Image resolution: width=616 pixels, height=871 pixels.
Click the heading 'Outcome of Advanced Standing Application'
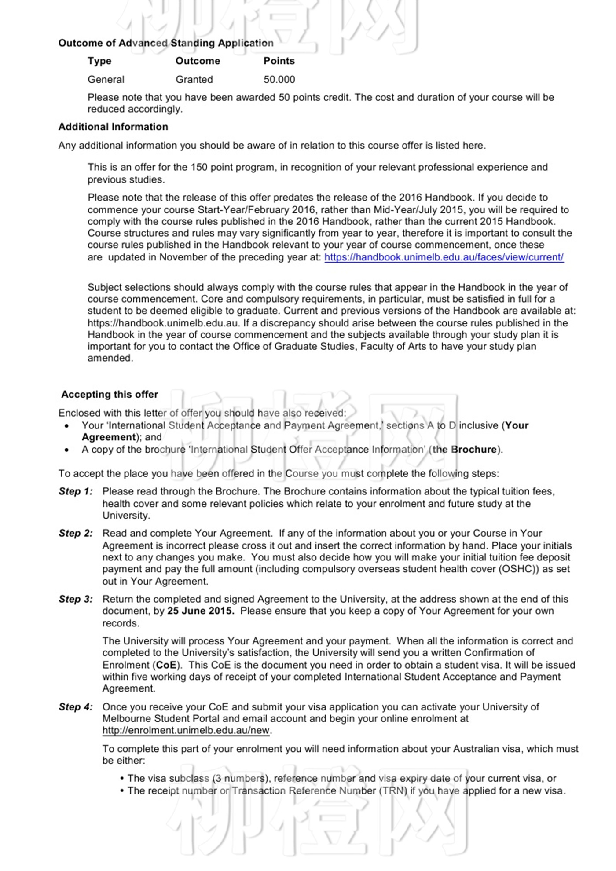166,43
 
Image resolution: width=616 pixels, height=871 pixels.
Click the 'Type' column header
99,61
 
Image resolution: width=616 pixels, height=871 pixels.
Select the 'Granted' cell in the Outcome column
194,80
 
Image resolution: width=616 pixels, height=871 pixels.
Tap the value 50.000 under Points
279,80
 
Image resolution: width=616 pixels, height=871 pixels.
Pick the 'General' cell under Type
106,80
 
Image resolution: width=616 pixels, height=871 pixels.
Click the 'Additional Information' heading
113,127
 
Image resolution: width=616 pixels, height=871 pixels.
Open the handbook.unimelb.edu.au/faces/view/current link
444,257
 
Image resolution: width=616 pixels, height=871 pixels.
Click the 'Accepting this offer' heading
110,395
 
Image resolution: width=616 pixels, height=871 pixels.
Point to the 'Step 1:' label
76,492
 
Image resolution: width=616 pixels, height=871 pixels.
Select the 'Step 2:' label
76,534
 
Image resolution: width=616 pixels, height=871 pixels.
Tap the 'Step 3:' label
76,600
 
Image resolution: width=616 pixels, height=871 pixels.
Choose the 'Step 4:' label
76,707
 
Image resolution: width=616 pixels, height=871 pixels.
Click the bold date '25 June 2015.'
201,611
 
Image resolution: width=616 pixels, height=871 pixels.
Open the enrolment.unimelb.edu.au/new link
186,731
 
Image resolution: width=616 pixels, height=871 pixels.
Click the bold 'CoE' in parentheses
166,665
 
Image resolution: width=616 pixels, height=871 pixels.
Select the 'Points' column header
279,61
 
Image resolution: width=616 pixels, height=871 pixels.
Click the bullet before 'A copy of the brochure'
66,450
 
